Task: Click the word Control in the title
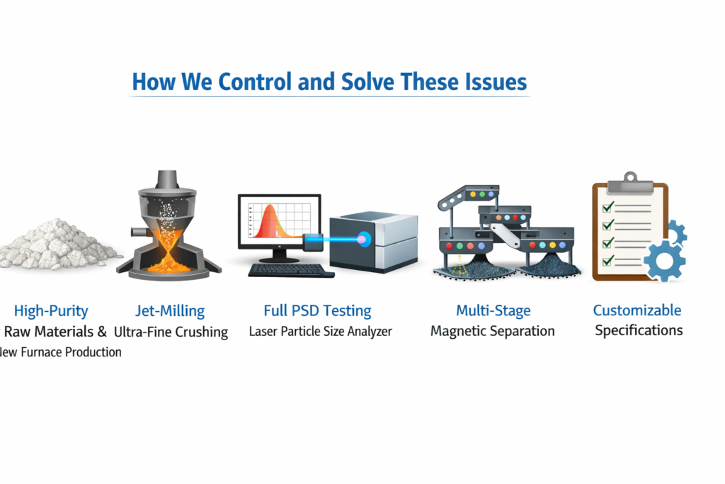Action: (255, 81)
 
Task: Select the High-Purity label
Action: (51, 311)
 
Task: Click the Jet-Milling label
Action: (170, 311)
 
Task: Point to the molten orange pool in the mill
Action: (169, 265)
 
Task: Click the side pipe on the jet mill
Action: (138, 231)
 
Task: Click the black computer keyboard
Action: (291, 270)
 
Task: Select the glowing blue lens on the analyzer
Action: (364, 240)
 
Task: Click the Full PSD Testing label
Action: (317, 310)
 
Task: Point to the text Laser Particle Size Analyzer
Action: (321, 332)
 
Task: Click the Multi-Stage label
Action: (493, 310)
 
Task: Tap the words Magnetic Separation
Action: (493, 331)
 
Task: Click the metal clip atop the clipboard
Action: (629, 184)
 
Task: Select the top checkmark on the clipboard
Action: (608, 206)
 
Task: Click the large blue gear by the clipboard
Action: (664, 261)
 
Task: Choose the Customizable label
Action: (637, 310)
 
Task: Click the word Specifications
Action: (639, 331)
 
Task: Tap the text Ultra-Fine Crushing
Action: (171, 332)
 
